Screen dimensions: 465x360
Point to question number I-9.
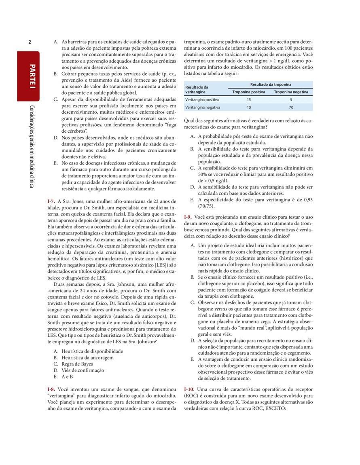[188, 217]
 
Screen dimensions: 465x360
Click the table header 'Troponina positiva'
[248, 92]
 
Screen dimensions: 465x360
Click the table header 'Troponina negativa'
[291, 92]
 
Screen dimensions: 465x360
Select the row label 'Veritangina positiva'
[202, 99]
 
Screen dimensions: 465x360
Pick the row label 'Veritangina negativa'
[203, 107]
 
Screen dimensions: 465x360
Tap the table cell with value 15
[248, 99]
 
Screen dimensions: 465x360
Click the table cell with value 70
[291, 107]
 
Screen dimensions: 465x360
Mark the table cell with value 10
[248, 107]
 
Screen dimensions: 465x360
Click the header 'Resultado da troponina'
[270, 85]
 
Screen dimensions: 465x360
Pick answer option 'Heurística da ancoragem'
[87, 357]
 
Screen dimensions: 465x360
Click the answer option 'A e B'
[67, 376]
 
